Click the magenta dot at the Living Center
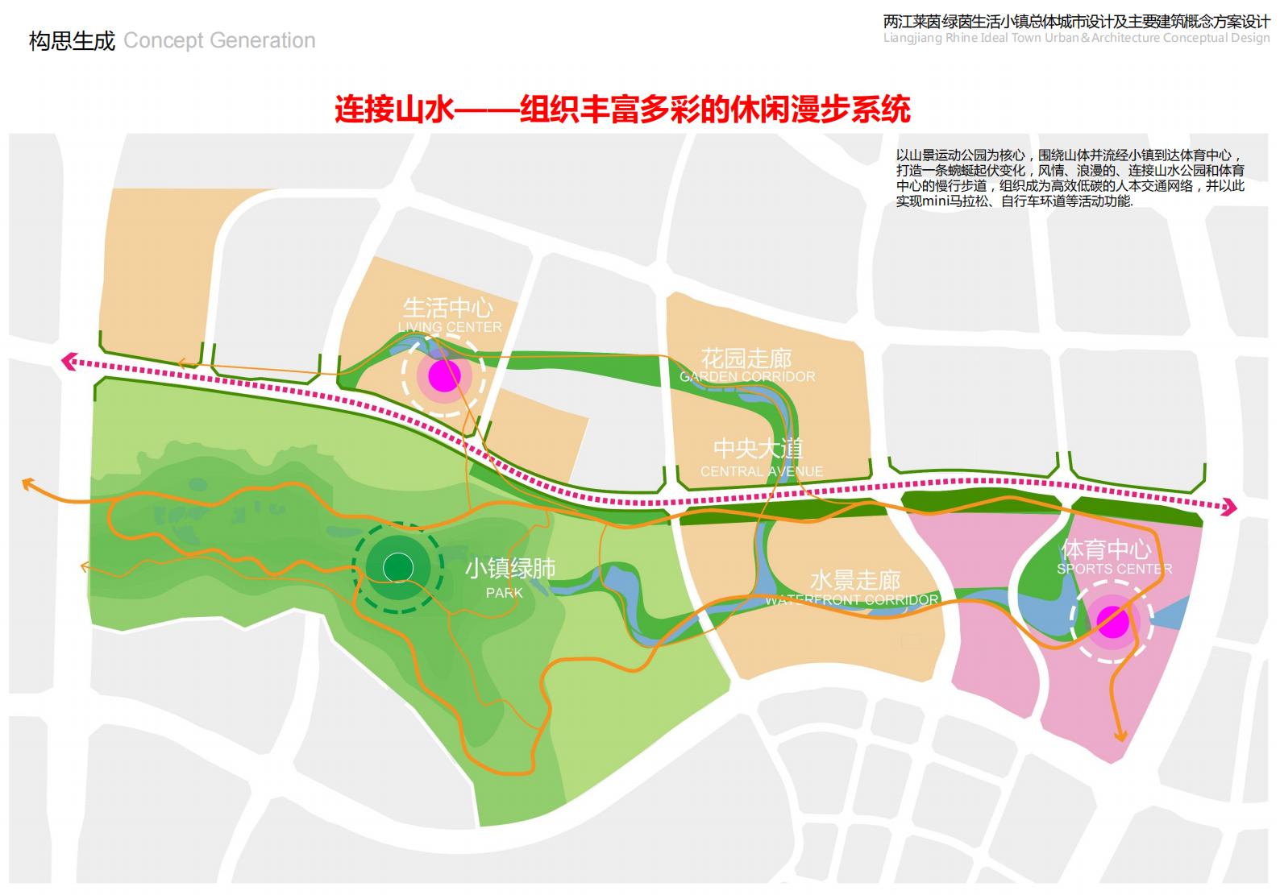(x=444, y=375)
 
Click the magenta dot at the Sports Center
(x=1113, y=621)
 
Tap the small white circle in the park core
(x=397, y=567)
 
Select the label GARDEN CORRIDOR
(x=747, y=377)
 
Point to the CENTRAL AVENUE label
(x=762, y=471)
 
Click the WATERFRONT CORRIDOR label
(x=852, y=600)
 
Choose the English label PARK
(x=505, y=593)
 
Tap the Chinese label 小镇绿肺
(x=510, y=569)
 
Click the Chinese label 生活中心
(x=448, y=308)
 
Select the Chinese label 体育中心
(x=1106, y=549)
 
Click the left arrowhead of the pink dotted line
(x=69, y=362)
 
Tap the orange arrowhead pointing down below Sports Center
(x=1120, y=735)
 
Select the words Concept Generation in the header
(x=219, y=40)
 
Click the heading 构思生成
(x=72, y=40)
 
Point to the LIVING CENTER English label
(x=450, y=327)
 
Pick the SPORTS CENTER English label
(x=1115, y=569)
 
